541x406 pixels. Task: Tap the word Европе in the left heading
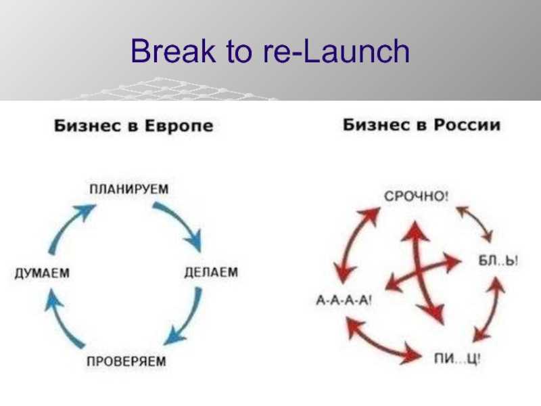(x=179, y=126)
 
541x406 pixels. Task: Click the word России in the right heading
(x=467, y=125)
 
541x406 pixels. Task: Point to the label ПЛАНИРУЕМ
(x=129, y=189)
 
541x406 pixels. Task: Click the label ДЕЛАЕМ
(x=211, y=272)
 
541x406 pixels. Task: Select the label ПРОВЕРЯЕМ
(x=126, y=361)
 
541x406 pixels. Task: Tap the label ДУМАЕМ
(x=42, y=273)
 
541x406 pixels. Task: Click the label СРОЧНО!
(x=416, y=196)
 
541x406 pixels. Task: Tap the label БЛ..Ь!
(x=498, y=261)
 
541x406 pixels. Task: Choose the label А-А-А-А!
(x=344, y=300)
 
